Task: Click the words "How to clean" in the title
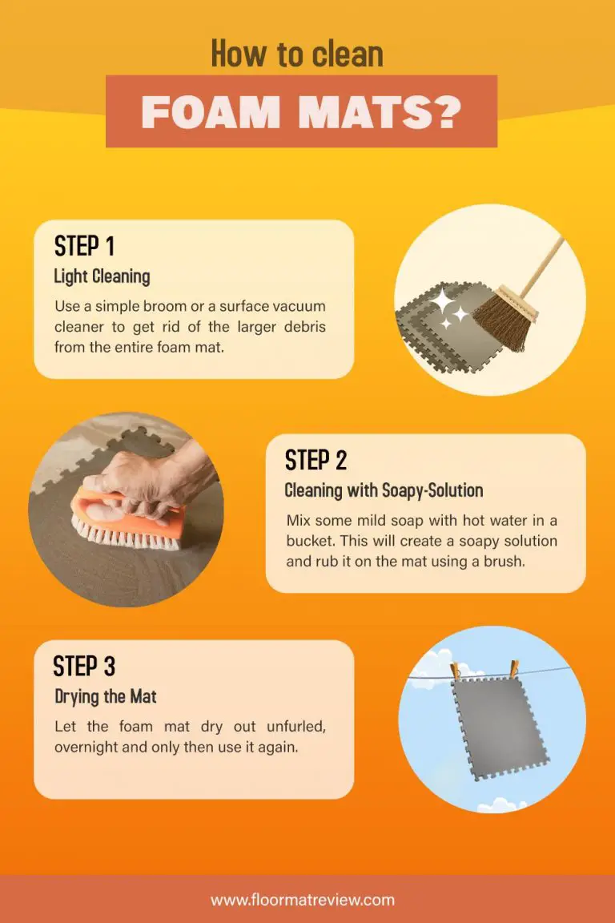(297, 54)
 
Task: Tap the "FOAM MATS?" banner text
(301, 113)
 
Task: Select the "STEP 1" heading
(87, 246)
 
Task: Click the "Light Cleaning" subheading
(102, 276)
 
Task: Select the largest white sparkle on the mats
(440, 302)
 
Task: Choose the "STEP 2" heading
(316, 461)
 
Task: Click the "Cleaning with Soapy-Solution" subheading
(384, 490)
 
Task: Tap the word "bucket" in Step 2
(308, 541)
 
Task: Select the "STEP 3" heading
(84, 666)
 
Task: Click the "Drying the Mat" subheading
(105, 696)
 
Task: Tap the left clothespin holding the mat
(456, 671)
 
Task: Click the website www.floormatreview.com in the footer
(303, 900)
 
